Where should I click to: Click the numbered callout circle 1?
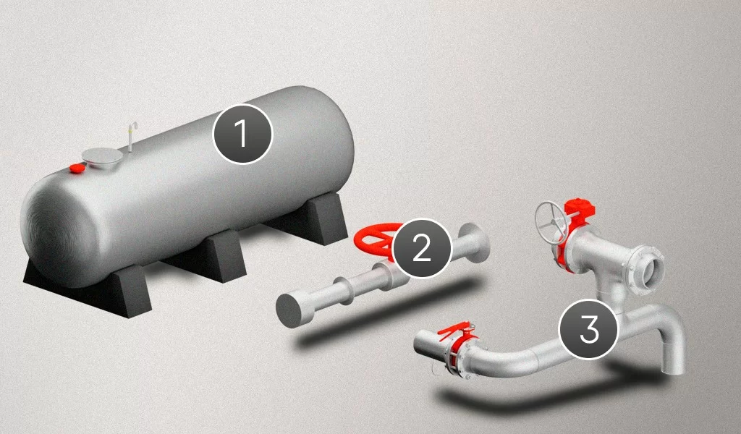click(x=242, y=134)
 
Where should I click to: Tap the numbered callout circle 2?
click(x=421, y=247)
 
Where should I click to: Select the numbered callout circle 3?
click(x=588, y=329)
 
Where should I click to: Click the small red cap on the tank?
click(x=77, y=167)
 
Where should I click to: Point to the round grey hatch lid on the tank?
click(x=100, y=156)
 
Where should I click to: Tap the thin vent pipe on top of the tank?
click(x=131, y=136)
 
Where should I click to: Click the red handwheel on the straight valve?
click(x=378, y=239)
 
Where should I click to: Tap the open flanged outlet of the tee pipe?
click(x=648, y=268)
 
